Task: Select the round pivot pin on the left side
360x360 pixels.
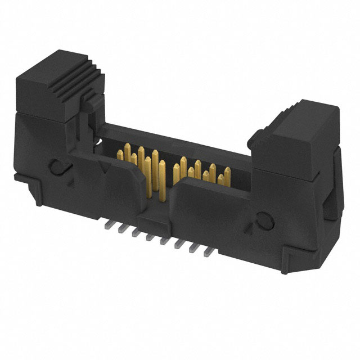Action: point(58,166)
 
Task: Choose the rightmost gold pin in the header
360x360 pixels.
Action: point(227,174)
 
